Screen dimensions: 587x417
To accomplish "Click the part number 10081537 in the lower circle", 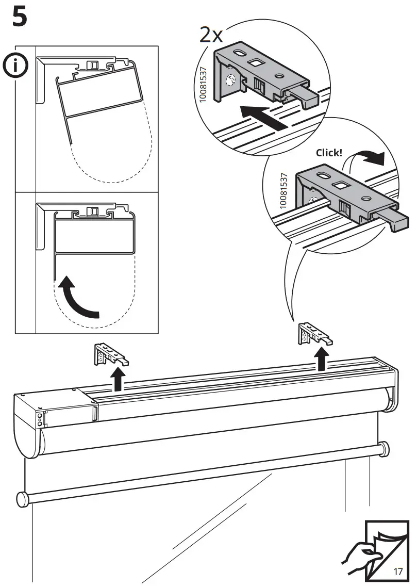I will point(282,191).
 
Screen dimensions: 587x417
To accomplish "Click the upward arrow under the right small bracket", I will point(322,359).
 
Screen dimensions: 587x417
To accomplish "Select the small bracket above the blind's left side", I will point(110,355).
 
